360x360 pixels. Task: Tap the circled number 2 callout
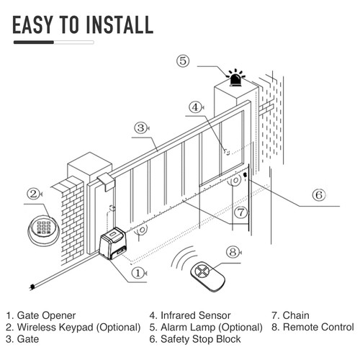[x=33, y=194]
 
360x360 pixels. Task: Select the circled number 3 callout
[x=141, y=128]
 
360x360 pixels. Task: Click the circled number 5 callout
[x=184, y=61]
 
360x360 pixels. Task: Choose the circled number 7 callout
[x=241, y=212]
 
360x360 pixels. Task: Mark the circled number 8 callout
[x=232, y=252]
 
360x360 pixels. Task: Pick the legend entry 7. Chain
[x=291, y=315]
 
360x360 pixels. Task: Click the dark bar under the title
[x=35, y=42]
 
